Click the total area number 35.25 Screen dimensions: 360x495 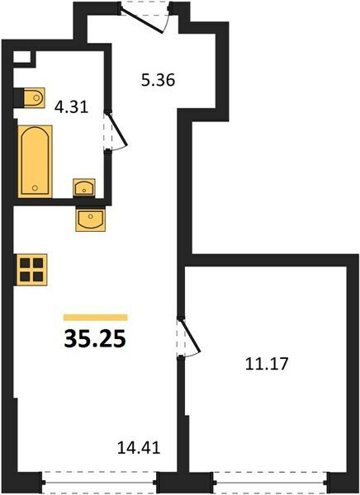tap(95, 339)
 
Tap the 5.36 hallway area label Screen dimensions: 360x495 tap(158, 80)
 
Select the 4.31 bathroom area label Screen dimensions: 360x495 tap(71, 107)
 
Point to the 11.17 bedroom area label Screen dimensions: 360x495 tap(267, 364)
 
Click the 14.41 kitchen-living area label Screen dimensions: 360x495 tap(139, 448)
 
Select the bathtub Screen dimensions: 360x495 tap(35, 162)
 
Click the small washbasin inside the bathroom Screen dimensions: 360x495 tap(84, 187)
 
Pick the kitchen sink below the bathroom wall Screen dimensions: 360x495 tap(90, 218)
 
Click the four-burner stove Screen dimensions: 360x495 tap(31, 270)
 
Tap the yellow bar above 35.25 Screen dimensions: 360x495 tap(96, 318)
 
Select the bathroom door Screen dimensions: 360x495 tap(116, 130)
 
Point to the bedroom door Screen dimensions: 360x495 tap(189, 337)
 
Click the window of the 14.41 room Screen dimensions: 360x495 tap(99, 483)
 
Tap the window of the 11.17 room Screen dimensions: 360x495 tap(271, 483)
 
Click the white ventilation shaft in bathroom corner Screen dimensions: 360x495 tap(21, 57)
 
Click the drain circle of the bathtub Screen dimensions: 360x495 tap(35, 188)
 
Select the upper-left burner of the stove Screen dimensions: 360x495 tap(26, 263)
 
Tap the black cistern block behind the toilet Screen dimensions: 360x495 tap(19, 98)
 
